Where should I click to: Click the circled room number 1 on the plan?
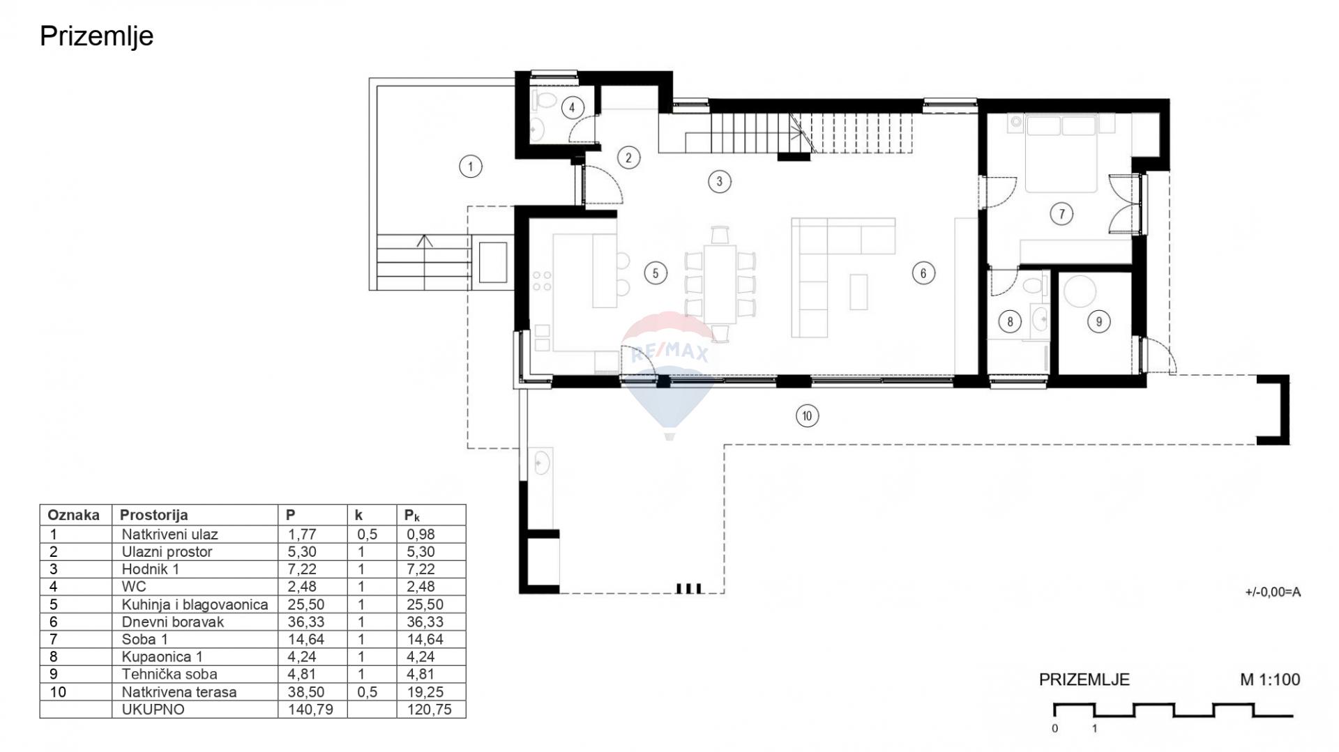click(x=471, y=167)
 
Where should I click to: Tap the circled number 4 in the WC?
click(x=572, y=107)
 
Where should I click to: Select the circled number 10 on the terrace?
click(x=807, y=416)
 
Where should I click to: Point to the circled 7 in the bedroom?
click(x=1061, y=214)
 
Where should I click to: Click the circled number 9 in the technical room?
click(x=1099, y=321)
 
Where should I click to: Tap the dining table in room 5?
click(x=720, y=284)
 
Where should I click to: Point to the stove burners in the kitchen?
click(x=542, y=281)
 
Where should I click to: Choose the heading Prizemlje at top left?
click(x=96, y=36)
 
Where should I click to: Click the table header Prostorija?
click(x=153, y=515)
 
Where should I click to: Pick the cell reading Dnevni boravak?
click(x=172, y=622)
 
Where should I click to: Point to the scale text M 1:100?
click(x=1270, y=680)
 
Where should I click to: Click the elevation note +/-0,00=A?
click(x=1273, y=592)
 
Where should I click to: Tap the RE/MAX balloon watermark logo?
click(x=669, y=373)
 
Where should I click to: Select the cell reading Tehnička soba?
click(x=169, y=674)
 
